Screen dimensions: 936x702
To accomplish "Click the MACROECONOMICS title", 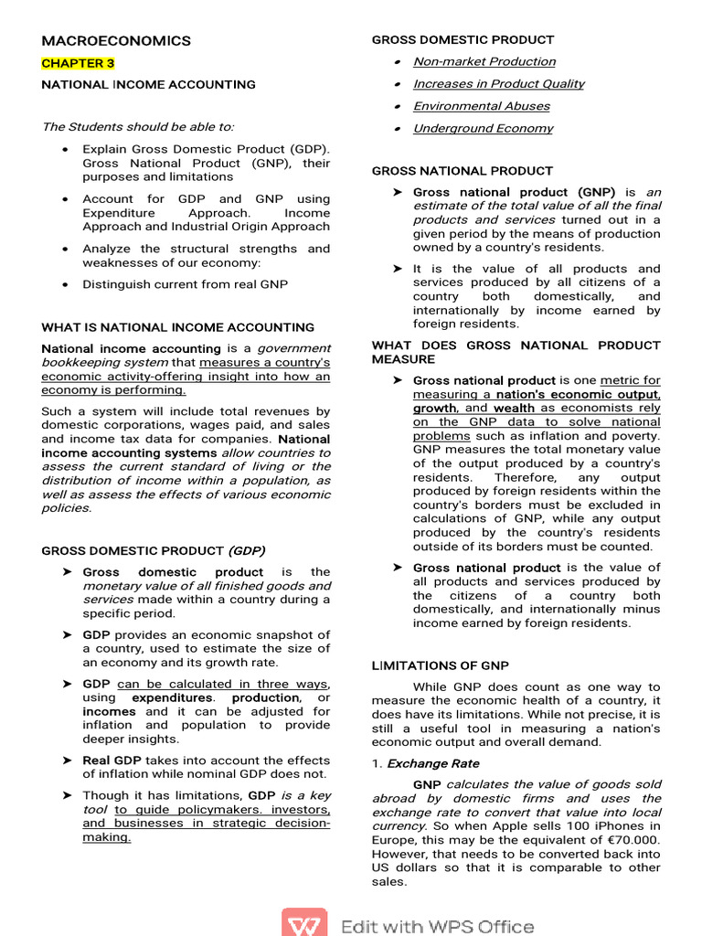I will pyautogui.click(x=116, y=41).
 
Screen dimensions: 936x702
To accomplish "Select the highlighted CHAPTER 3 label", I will pyautogui.click(x=78, y=63).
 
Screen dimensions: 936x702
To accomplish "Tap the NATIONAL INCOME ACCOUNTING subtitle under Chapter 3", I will pyautogui.click(x=149, y=84).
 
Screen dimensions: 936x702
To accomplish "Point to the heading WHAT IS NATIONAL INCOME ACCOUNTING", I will pyautogui.click(x=178, y=327).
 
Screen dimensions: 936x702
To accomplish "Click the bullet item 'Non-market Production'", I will pyautogui.click(x=484, y=61).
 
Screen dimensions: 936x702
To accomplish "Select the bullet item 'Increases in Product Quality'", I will pyautogui.click(x=498, y=83).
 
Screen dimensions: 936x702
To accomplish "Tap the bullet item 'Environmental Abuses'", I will pyautogui.click(x=481, y=106).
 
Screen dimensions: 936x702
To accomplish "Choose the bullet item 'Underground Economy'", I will pyautogui.click(x=483, y=128).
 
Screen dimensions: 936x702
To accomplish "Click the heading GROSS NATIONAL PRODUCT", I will pyautogui.click(x=462, y=171).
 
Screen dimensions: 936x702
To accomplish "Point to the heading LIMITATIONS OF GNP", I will pyautogui.click(x=440, y=665).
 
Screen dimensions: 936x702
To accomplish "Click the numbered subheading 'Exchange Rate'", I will pyautogui.click(x=432, y=763).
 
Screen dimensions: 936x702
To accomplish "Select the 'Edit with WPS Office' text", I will pyautogui.click(x=437, y=926).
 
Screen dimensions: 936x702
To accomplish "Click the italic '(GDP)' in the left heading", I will pyautogui.click(x=247, y=550).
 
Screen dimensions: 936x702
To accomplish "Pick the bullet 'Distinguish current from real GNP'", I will pyautogui.click(x=185, y=284).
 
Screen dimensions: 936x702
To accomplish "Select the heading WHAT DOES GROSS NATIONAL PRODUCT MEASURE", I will pyautogui.click(x=516, y=352).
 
